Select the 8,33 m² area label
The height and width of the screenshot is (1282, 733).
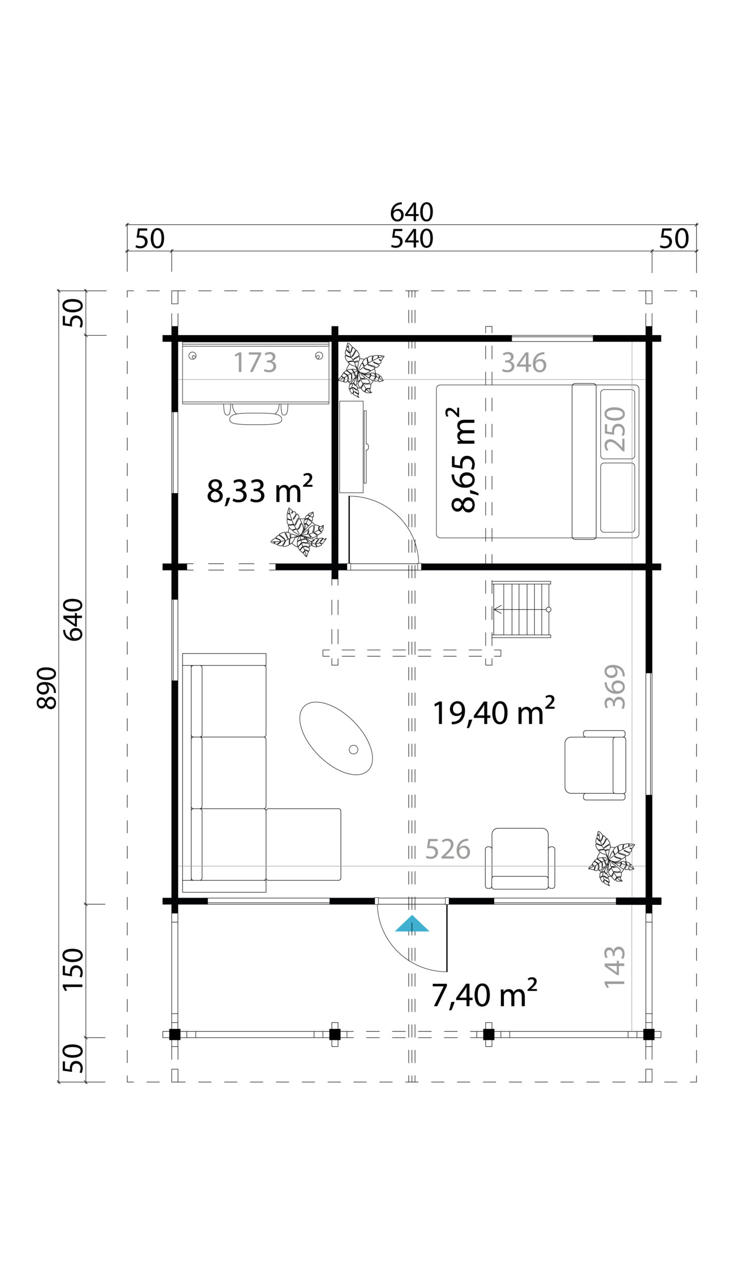[260, 489]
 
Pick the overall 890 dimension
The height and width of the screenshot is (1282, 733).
[47, 688]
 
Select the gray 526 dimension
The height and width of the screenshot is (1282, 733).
[447, 850]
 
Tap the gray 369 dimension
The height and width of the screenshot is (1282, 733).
[615, 686]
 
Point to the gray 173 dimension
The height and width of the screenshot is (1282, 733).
[255, 362]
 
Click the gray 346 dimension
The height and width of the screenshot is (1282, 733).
[524, 362]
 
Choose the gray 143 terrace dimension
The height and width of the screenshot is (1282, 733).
[615, 967]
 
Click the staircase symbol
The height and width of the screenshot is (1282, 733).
[522, 609]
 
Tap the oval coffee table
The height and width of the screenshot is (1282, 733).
[336, 738]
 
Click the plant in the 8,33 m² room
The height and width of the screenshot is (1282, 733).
[299, 532]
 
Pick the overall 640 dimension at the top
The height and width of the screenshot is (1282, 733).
[412, 212]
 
